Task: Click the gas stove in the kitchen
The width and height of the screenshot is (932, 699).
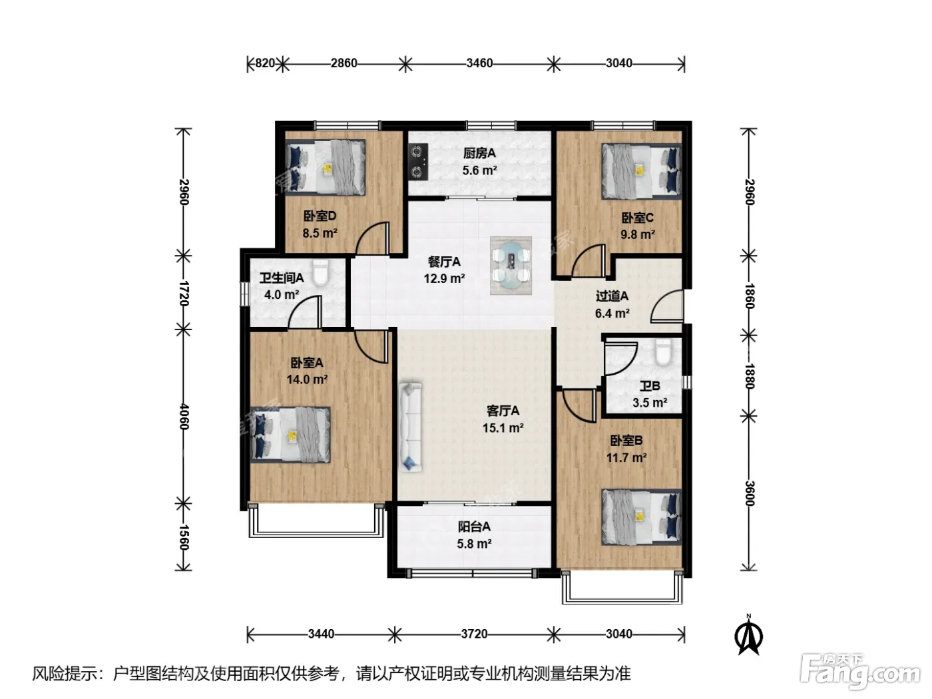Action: point(418,161)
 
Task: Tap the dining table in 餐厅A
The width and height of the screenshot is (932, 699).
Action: point(511,266)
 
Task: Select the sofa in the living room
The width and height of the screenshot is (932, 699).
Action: point(409,427)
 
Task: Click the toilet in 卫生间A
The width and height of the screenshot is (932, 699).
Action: point(320,273)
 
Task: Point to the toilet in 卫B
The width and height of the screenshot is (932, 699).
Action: point(662,352)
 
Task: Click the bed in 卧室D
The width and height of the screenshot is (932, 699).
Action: point(326,167)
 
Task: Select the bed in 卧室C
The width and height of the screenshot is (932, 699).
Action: point(641,171)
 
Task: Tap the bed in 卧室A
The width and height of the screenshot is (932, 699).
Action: point(290,435)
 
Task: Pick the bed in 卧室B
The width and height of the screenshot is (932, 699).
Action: point(641,517)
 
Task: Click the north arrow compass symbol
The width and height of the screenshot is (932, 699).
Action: point(748,635)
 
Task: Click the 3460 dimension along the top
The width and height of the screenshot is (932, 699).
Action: point(479,63)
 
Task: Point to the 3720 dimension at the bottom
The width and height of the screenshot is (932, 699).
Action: point(474,634)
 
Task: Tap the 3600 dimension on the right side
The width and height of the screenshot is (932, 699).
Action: point(750,493)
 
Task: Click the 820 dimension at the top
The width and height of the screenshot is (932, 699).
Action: point(264,63)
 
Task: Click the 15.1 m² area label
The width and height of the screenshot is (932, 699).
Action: point(503,428)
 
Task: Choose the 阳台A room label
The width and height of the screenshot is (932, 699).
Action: point(474,527)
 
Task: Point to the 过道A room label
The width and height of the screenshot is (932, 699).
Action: point(612,296)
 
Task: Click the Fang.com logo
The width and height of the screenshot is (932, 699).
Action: point(859,671)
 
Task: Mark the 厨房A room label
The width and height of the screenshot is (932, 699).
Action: point(479,153)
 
